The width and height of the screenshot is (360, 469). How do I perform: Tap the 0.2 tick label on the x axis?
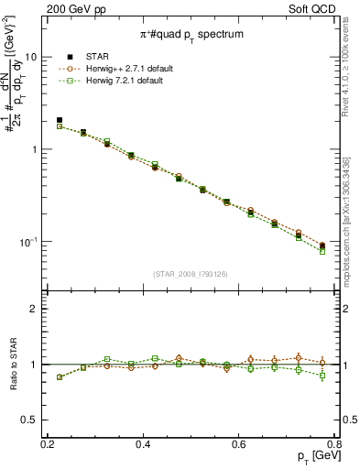[48, 444]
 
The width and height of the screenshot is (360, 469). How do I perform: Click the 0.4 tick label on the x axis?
[143, 444]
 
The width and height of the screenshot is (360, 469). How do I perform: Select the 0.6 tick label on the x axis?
[239, 444]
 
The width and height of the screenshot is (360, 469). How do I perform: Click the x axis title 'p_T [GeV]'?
[312, 457]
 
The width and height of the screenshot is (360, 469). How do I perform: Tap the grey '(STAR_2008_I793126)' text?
[191, 274]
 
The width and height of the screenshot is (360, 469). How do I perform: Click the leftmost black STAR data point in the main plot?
[60, 120]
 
